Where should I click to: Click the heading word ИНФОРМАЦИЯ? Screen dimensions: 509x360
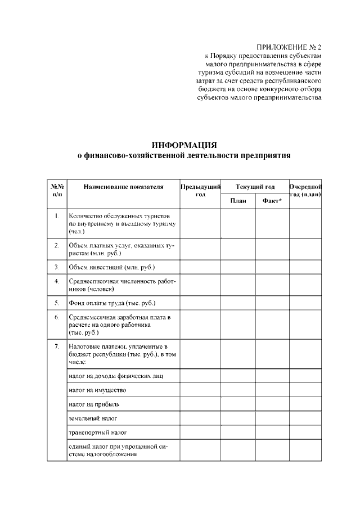click(x=184, y=145)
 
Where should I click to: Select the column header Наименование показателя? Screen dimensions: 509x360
click(x=123, y=187)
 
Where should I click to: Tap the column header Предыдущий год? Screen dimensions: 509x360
click(x=200, y=190)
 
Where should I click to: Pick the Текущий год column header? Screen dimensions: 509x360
click(x=255, y=187)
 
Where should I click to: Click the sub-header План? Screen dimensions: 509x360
click(x=237, y=201)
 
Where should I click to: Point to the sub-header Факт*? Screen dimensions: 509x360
click(x=272, y=201)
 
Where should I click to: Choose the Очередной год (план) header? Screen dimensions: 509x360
click(x=305, y=190)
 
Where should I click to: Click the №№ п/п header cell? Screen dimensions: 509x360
click(x=57, y=190)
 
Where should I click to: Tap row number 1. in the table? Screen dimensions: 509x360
click(x=57, y=215)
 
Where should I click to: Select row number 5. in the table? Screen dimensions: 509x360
click(x=57, y=303)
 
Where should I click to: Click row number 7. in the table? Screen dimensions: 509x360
click(x=57, y=346)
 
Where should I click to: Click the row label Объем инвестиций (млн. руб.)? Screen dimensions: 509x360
click(x=111, y=267)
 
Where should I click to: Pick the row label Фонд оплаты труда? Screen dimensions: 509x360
click(x=111, y=303)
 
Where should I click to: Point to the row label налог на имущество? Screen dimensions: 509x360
click(x=97, y=390)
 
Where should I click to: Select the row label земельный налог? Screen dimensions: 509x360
click(x=93, y=418)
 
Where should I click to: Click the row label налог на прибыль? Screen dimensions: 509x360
click(x=94, y=404)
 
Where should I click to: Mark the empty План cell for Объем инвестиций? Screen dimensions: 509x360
click(x=237, y=267)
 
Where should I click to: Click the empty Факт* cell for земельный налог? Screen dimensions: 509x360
click(x=272, y=418)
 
